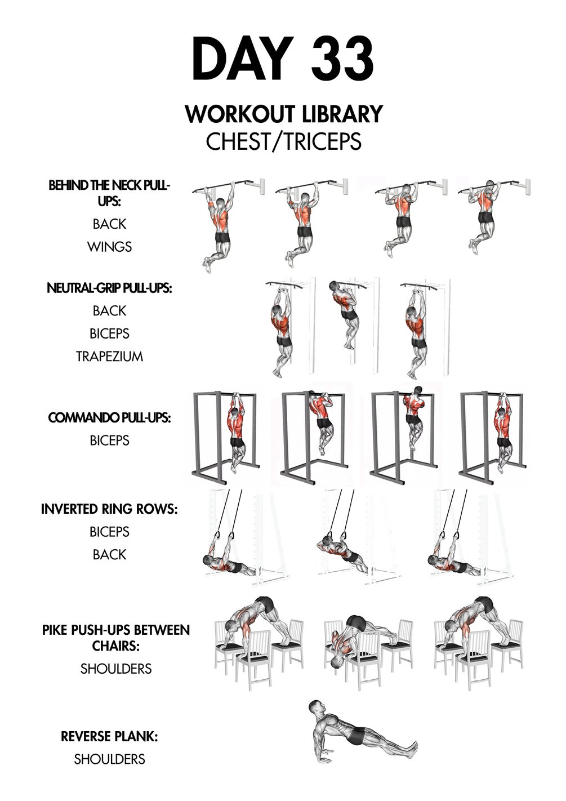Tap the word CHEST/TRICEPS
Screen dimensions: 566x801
(283, 141)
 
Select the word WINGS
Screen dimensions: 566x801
(109, 247)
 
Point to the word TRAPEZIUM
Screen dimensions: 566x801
(109, 356)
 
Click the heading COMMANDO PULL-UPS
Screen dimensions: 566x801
(109, 417)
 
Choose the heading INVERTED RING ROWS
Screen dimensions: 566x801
(109, 509)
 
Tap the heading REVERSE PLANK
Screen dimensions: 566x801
(109, 737)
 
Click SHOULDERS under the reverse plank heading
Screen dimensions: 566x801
(109, 759)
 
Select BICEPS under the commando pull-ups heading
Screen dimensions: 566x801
(109, 440)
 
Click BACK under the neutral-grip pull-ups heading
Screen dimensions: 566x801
(109, 311)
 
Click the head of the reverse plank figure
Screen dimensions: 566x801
(317, 707)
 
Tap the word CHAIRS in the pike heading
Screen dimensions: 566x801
(115, 646)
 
